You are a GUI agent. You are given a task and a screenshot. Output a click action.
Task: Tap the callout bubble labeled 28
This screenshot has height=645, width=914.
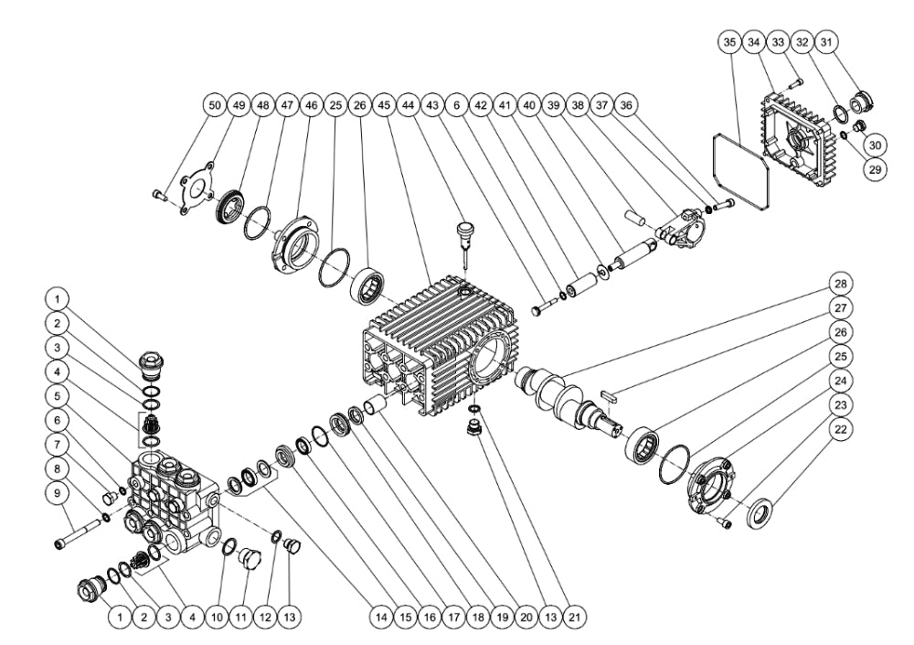pyautogui.click(x=841, y=284)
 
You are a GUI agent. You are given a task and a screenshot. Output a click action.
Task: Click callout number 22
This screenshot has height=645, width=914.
pyautogui.click(x=841, y=427)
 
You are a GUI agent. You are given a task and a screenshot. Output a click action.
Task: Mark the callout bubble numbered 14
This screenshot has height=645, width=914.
pyautogui.click(x=378, y=617)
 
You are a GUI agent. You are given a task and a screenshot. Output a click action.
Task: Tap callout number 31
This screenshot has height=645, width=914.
pyautogui.click(x=826, y=42)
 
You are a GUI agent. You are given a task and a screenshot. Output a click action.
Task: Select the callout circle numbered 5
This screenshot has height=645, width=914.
pyautogui.click(x=58, y=397)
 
